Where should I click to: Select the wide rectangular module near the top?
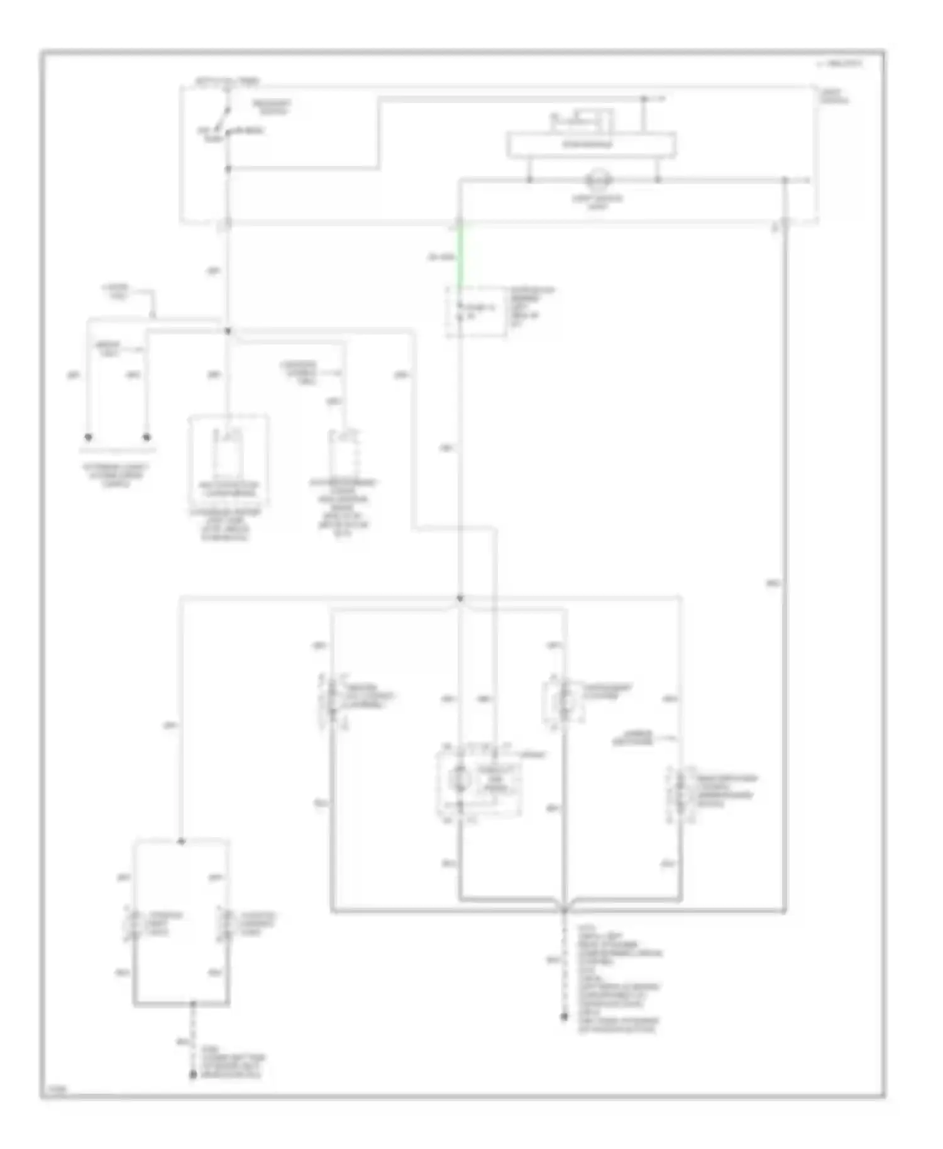click(x=591, y=145)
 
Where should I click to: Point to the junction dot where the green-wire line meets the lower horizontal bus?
click(x=460, y=598)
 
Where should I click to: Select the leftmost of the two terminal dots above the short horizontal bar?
click(x=89, y=437)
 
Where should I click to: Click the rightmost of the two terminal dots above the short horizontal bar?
click(x=147, y=437)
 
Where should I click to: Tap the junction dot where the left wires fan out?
click(x=228, y=330)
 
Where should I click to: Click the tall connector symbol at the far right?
click(x=680, y=793)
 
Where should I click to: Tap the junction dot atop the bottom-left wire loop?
click(x=181, y=841)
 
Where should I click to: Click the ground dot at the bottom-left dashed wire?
click(x=194, y=1077)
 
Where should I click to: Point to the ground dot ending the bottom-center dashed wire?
click(x=564, y=1016)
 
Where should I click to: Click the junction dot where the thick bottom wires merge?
click(x=564, y=910)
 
